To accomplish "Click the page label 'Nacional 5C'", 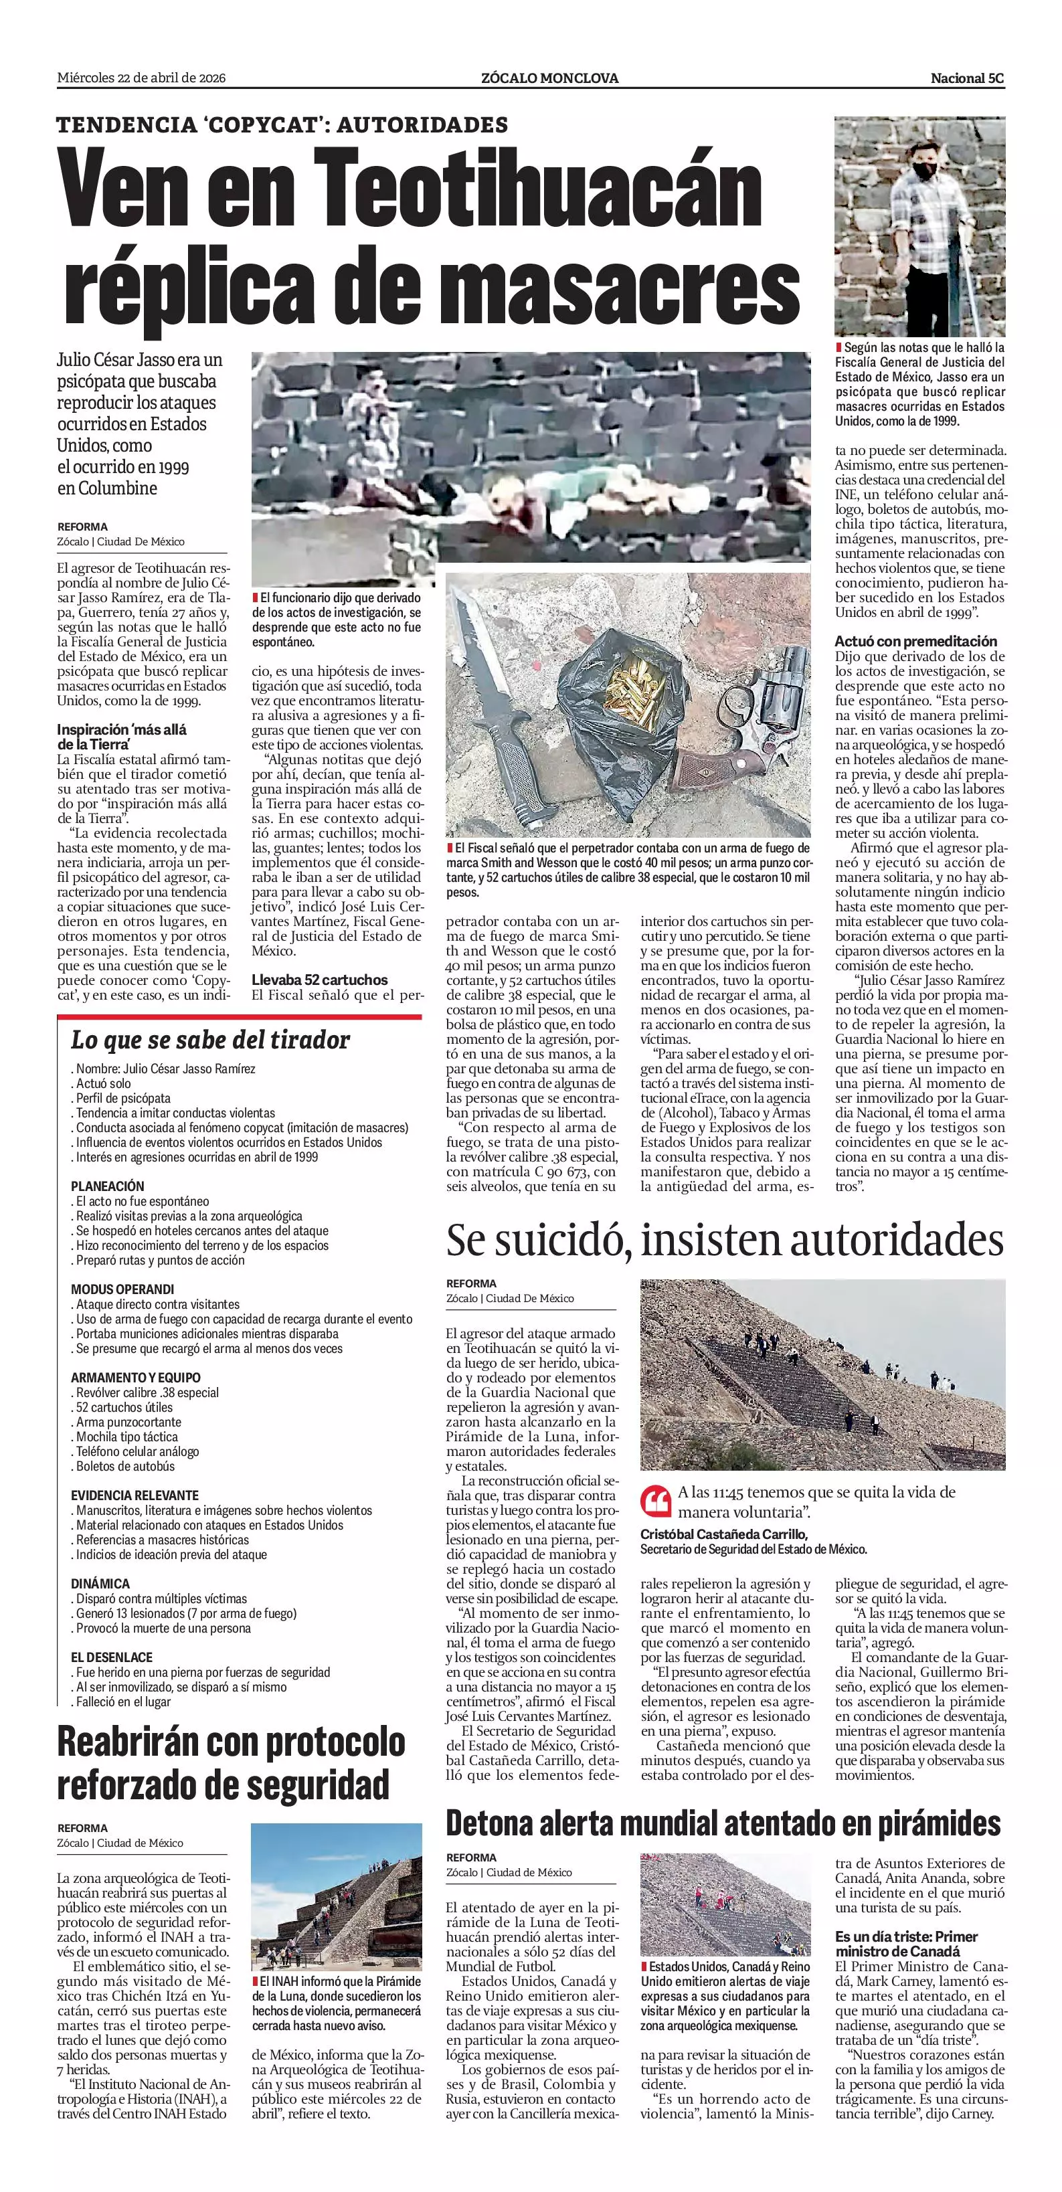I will click(967, 78).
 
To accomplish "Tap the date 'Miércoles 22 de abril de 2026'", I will click(141, 78).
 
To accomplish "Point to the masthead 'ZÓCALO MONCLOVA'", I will click(549, 78).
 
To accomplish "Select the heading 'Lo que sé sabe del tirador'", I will click(210, 1040).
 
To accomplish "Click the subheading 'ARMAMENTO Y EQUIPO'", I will click(136, 1378).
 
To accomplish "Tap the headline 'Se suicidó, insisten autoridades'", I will click(725, 1241).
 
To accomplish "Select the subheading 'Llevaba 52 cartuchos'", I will click(319, 980).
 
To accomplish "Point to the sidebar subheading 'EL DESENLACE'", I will click(112, 1657).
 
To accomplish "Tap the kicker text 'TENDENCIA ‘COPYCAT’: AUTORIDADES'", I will click(282, 125).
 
